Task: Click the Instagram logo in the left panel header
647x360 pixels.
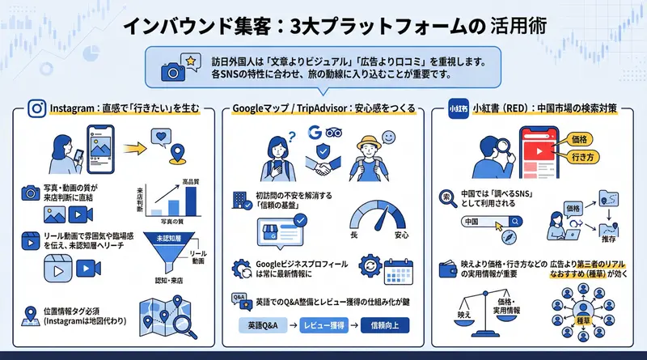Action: click(x=36, y=108)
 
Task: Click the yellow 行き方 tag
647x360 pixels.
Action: click(x=584, y=159)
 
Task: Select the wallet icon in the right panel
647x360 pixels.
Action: click(x=446, y=268)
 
